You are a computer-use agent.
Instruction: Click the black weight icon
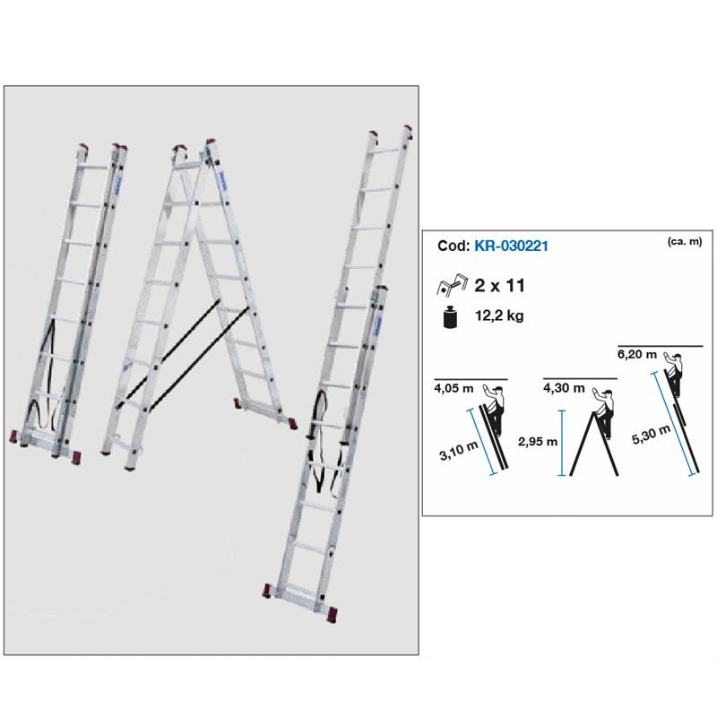[450, 318]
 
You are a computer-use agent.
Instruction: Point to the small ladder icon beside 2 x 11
[450, 286]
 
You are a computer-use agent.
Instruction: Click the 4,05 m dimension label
[454, 390]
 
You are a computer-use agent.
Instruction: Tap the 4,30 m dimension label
[564, 389]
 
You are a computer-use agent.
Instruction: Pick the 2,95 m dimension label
[538, 441]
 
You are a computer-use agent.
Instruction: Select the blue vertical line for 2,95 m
[560, 443]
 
